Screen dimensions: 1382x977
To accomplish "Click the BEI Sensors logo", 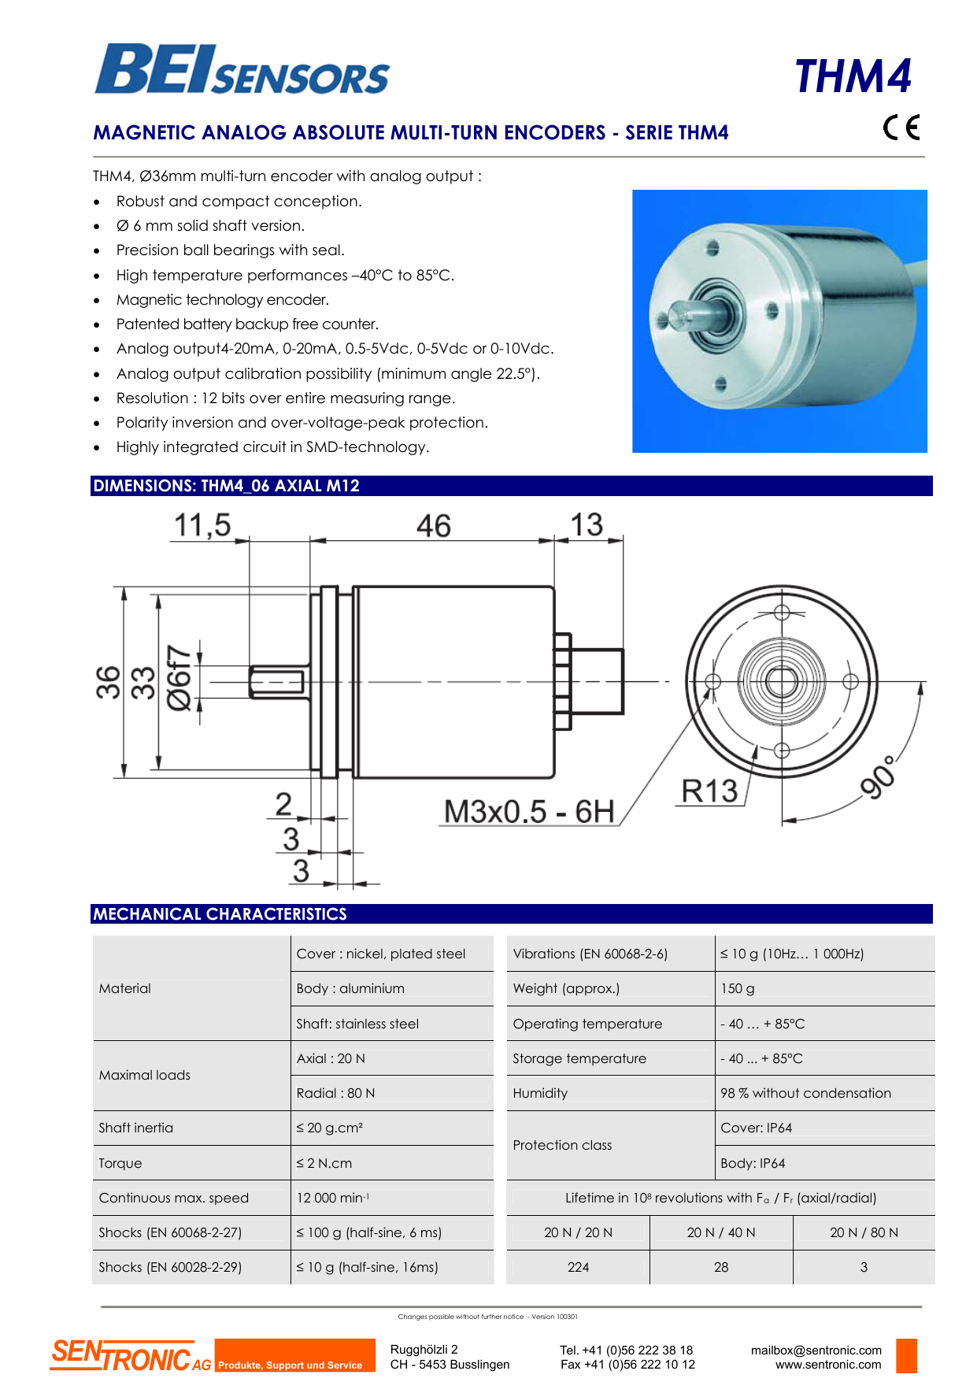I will point(242,70).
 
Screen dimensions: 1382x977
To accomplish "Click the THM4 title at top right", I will point(853,76).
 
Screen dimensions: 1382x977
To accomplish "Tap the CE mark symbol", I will point(901,127).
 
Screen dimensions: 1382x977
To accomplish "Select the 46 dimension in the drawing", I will point(433,526).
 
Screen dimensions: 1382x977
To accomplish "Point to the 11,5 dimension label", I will point(202,525).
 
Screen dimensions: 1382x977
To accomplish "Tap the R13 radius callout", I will point(709,791).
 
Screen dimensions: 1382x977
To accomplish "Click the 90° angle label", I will point(878,776).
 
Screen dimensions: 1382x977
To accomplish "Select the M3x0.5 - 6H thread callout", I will point(528,811).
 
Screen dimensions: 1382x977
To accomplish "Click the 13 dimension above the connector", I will point(587,525).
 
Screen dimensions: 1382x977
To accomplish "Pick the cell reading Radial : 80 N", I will point(336,1093).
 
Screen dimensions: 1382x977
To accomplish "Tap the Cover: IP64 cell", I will point(757,1128).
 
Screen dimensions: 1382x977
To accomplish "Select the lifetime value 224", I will point(578,1267).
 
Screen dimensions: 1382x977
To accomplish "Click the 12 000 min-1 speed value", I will point(332,1198).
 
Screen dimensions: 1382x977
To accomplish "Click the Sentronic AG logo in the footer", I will point(131,1355).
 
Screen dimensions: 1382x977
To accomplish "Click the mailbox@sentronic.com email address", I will point(816,1350).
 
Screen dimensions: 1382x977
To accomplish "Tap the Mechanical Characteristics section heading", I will point(220,914).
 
